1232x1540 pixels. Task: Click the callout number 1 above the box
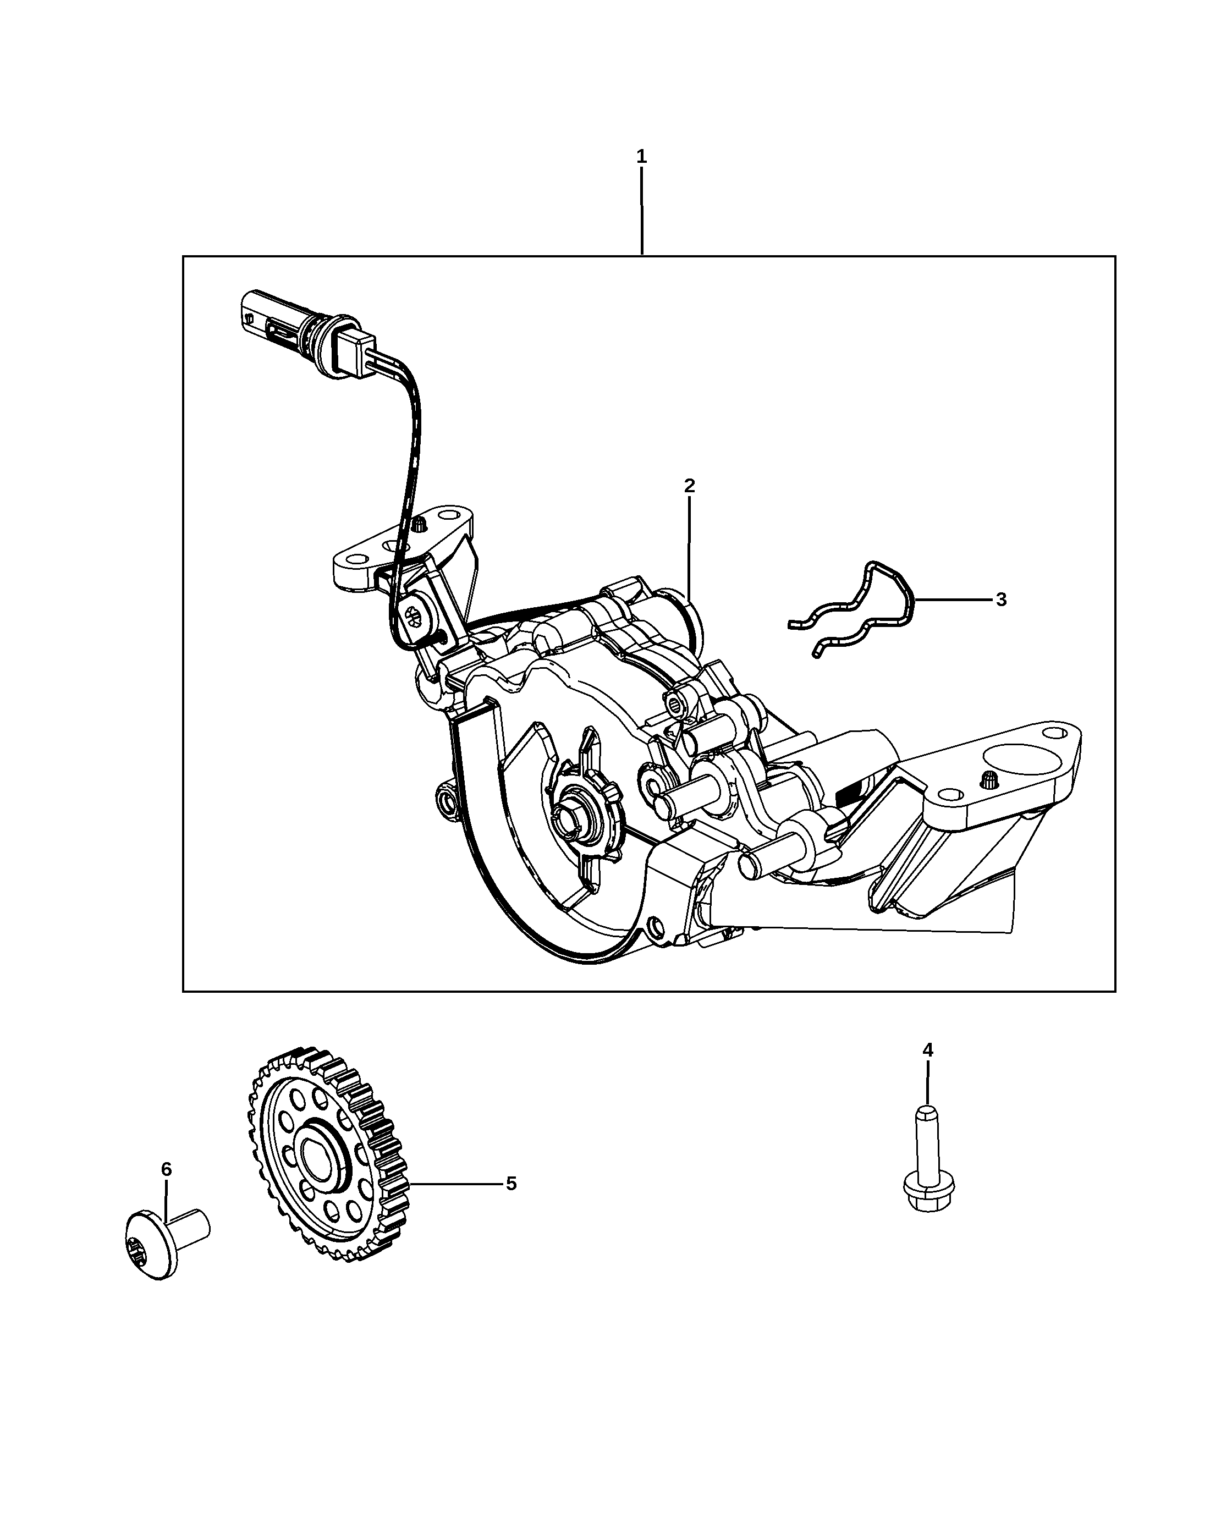pyautogui.click(x=641, y=156)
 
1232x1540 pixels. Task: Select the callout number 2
pyautogui.click(x=689, y=486)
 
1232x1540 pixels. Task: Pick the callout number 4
pyautogui.click(x=927, y=1050)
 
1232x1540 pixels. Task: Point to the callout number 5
pyautogui.click(x=510, y=1184)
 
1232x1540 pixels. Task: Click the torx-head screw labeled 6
pyautogui.click(x=166, y=1241)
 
